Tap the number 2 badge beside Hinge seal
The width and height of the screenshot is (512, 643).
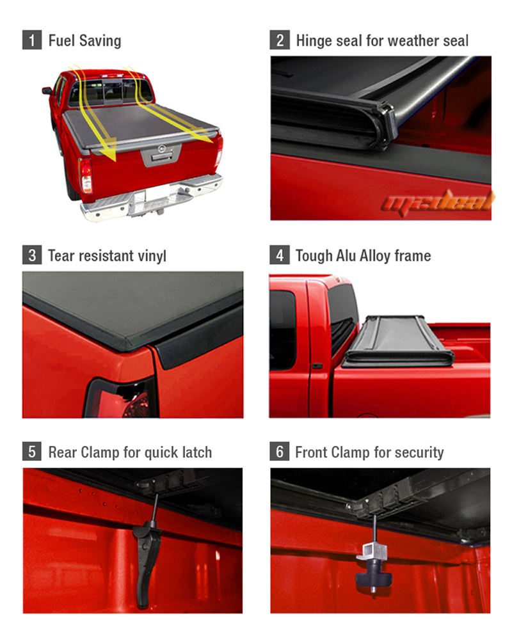[280, 40]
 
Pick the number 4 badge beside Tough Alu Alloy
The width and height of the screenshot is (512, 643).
[280, 256]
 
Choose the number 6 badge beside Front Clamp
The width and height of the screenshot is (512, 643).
[280, 452]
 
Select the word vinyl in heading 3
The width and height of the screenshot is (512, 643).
[150, 256]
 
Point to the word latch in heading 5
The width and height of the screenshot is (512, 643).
[194, 452]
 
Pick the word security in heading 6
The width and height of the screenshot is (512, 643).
[415, 452]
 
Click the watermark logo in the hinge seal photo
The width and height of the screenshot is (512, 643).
[438, 203]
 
